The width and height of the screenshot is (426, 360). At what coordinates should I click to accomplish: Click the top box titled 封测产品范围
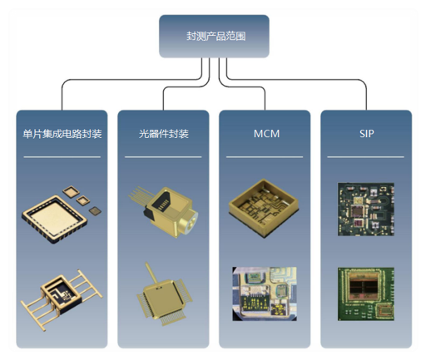click(x=214, y=37)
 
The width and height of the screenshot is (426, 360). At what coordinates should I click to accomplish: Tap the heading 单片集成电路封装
click(x=62, y=134)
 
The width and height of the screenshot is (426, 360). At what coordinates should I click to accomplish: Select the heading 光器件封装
click(x=164, y=134)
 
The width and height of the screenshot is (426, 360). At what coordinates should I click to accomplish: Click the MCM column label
click(x=266, y=134)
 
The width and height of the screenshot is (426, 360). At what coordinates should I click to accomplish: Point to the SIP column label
click(x=367, y=134)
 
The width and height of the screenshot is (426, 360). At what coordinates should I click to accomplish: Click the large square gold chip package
click(x=55, y=219)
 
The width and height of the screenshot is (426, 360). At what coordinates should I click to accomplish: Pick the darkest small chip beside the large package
click(x=95, y=211)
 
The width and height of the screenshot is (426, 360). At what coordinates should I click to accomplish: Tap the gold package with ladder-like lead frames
click(x=62, y=298)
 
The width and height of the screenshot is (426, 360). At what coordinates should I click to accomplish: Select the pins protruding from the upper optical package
click(x=139, y=196)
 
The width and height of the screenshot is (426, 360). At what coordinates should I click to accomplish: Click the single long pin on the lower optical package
click(x=151, y=273)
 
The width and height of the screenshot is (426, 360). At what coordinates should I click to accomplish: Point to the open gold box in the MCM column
click(x=263, y=208)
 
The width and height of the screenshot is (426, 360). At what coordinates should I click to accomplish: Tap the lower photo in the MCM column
click(x=265, y=293)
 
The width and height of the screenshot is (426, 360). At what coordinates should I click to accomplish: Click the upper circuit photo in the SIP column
click(x=366, y=210)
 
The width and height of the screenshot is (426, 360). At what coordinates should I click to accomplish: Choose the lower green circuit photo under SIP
click(x=366, y=294)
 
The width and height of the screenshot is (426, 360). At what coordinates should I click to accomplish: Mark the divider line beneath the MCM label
click(x=265, y=157)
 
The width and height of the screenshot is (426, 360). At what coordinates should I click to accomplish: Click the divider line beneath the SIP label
click(x=365, y=157)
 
